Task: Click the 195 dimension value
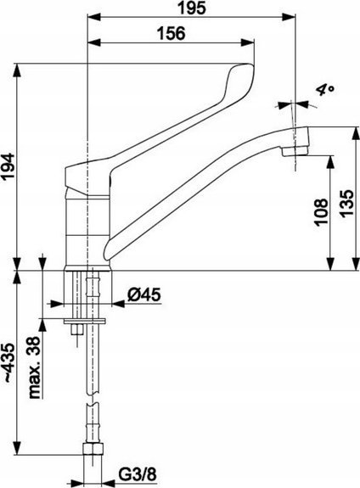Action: [192, 8]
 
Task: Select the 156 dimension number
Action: [171, 33]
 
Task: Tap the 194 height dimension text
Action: [8, 165]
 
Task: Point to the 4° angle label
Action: [325, 90]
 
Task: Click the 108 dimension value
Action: [321, 212]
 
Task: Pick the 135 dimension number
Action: [346, 203]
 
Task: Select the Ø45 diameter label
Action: [143, 294]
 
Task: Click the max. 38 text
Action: [35, 367]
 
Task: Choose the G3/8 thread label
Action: [137, 475]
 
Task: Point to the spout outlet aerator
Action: [295, 152]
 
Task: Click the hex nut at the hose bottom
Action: [94, 449]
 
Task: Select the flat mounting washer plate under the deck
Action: [84, 321]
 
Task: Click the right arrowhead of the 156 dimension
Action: [248, 42]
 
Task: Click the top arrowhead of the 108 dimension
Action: [331, 162]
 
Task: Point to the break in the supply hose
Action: [93, 399]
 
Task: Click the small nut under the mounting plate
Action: [76, 329]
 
